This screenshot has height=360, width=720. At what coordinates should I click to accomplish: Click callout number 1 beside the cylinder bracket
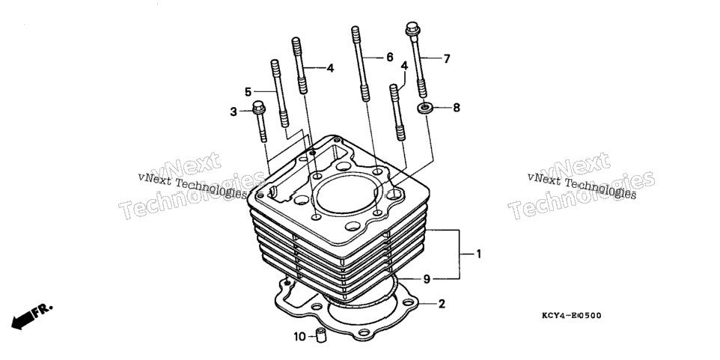pos(478,254)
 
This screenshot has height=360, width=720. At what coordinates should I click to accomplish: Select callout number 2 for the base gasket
pos(442,304)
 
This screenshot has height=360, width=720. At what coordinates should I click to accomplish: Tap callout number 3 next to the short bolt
pos(234,112)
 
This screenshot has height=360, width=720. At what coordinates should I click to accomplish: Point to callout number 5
pos(248,92)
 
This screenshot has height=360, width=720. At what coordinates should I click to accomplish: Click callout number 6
pos(390,58)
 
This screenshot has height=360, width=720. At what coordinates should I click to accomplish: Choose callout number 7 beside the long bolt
pos(447,59)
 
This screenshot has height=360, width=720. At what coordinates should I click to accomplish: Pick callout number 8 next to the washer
pos(457,108)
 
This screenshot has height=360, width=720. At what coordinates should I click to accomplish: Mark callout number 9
pos(427,278)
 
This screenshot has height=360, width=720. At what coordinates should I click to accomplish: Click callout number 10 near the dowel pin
pos(299,337)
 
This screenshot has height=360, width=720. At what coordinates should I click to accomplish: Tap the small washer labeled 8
pos(425,109)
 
